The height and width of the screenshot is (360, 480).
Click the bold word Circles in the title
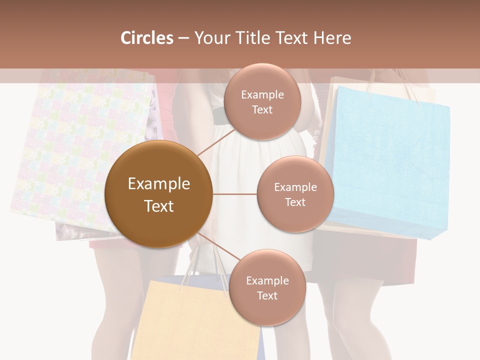[146, 38]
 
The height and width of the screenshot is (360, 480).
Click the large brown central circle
[158, 194]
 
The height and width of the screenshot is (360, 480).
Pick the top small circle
[262, 101]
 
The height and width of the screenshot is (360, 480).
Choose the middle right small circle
[295, 194]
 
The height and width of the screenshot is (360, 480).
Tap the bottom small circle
[267, 287]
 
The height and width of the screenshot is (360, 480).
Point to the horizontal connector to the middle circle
[234, 194]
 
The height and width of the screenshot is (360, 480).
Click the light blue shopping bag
[387, 160]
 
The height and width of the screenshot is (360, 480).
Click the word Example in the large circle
[158, 184]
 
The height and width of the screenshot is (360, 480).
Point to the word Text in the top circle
[262, 109]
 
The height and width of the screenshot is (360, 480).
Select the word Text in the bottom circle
[267, 295]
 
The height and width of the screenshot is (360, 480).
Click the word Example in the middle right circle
[295, 187]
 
